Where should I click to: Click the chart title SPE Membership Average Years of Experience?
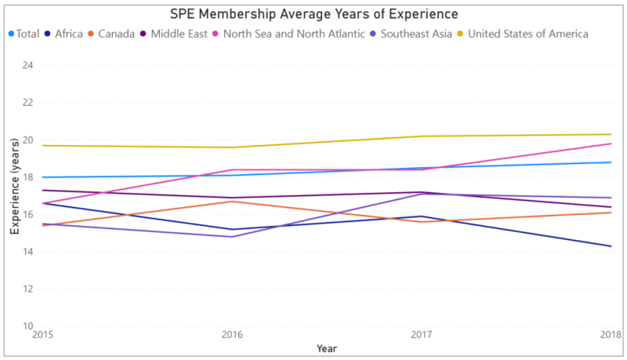coord(313,14)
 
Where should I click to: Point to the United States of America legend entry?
coord(527,34)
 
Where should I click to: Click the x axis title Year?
coord(328,348)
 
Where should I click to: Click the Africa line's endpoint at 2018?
coord(611,246)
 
